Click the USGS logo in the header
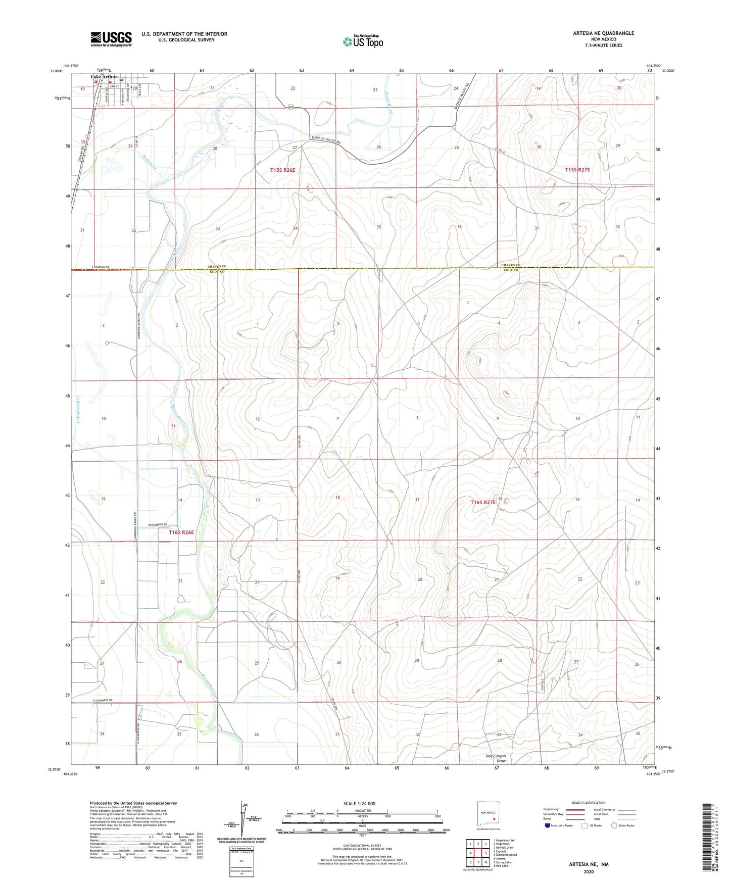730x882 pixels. tap(111, 39)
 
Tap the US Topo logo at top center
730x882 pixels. tap(362, 41)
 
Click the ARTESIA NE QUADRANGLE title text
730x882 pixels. tap(603, 33)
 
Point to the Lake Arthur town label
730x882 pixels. tap(104, 77)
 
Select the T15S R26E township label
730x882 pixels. tap(282, 170)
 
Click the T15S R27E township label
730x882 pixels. tap(577, 170)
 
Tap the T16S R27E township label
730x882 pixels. tap(482, 502)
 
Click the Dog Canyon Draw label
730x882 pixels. tap(495, 758)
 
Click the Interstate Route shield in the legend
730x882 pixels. tap(548, 825)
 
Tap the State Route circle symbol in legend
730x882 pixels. tap(614, 825)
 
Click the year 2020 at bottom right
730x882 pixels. tap(589, 871)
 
